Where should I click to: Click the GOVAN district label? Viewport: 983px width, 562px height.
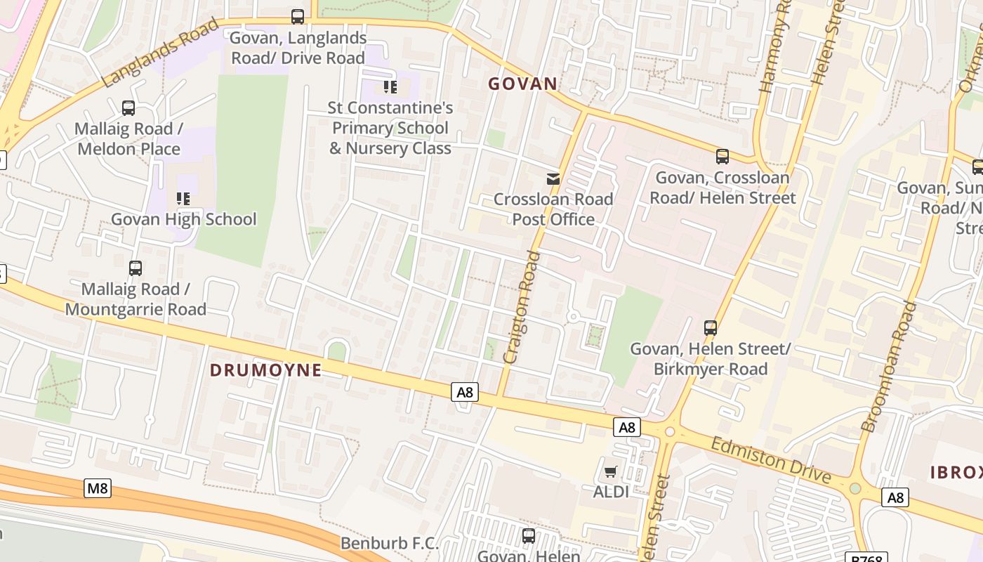tap(522, 84)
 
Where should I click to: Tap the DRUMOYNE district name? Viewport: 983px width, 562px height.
tap(266, 370)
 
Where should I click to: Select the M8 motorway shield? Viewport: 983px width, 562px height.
tap(98, 488)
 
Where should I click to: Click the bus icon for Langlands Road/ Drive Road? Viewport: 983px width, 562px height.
tap(298, 16)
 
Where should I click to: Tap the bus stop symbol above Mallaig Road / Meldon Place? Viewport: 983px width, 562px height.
tap(128, 108)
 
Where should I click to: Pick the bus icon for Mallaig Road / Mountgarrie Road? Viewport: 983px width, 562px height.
tap(136, 268)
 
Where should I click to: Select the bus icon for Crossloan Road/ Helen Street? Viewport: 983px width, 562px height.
tap(723, 157)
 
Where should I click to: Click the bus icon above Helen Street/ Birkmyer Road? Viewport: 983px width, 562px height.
tap(711, 327)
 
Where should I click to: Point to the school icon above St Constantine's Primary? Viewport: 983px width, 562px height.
tap(390, 87)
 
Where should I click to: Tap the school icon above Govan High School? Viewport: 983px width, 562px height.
tap(183, 199)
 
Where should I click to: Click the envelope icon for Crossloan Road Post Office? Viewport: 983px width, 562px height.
tap(553, 179)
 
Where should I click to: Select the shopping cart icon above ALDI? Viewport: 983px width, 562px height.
tap(610, 471)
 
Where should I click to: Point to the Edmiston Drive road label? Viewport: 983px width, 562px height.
tap(770, 460)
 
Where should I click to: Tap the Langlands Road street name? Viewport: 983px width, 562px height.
tap(160, 54)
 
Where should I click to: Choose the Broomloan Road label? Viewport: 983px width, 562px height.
tap(889, 366)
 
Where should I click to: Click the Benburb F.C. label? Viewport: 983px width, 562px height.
tap(389, 543)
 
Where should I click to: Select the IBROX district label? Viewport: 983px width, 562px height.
tap(956, 473)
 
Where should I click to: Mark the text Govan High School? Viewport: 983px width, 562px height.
tap(184, 219)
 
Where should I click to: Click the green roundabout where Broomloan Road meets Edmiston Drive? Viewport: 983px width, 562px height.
tap(855, 488)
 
